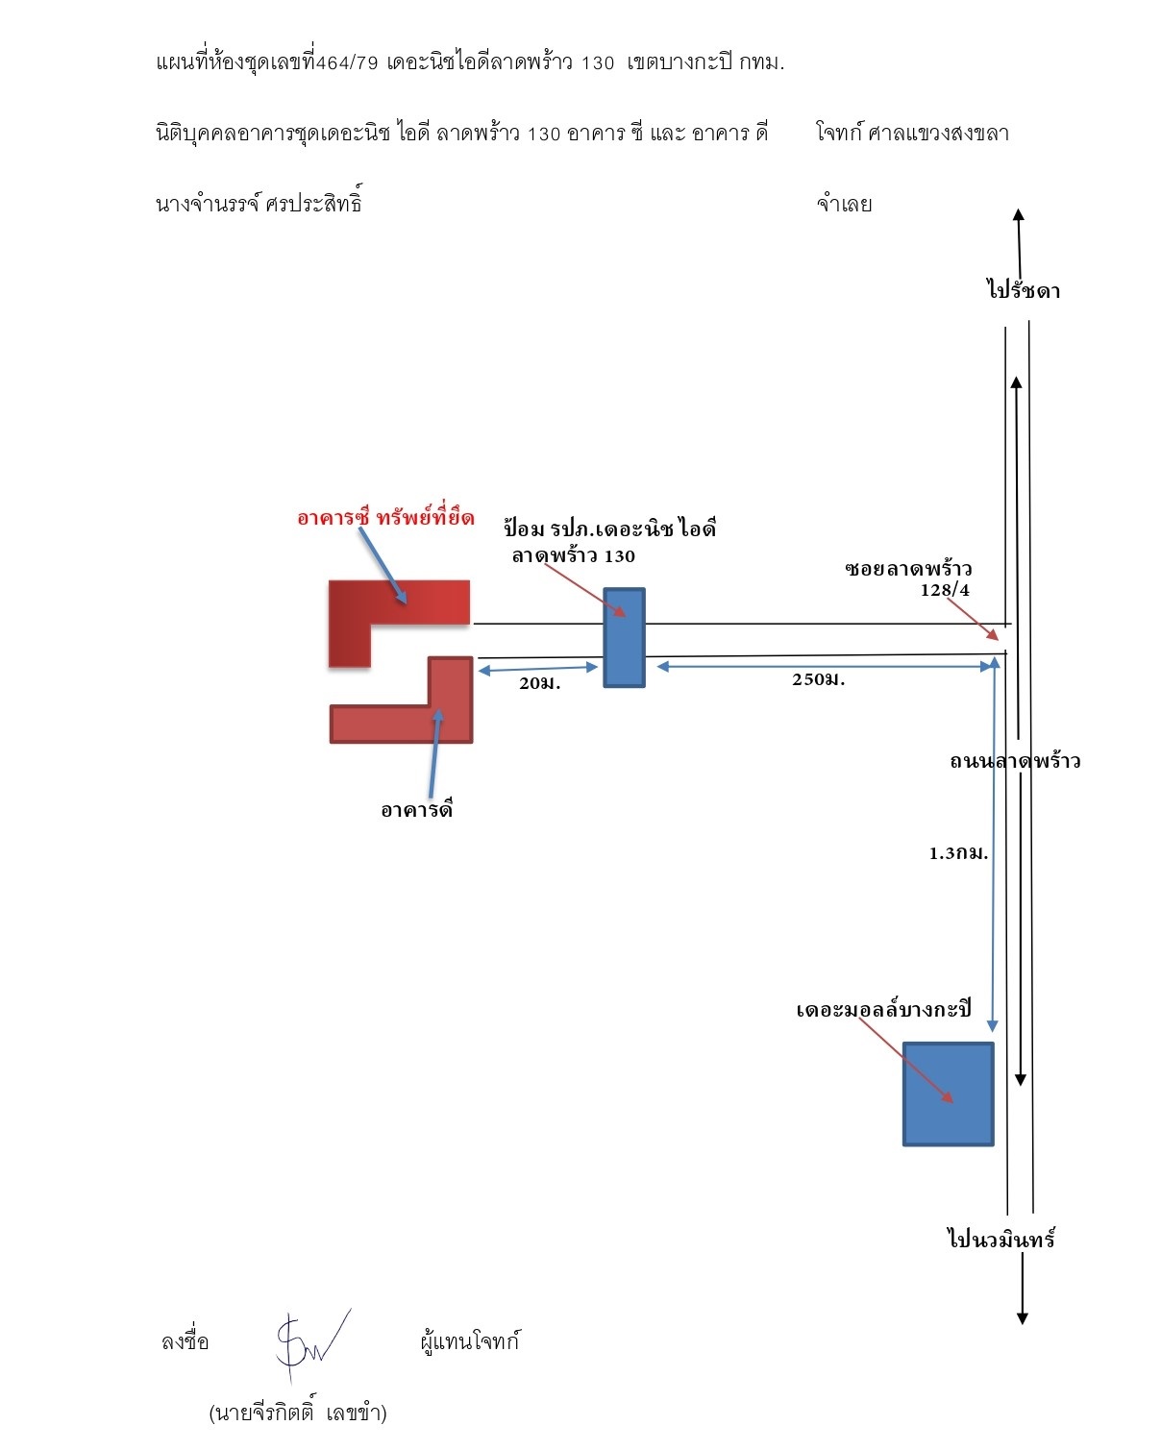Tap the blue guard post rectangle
point(624,637)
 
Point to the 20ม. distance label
point(540,683)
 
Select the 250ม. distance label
point(818,679)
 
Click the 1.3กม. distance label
point(958,853)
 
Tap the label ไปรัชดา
point(1024,290)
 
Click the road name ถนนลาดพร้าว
point(1015,761)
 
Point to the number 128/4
point(945,590)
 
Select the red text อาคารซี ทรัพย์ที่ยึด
point(385,517)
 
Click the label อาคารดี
point(416,808)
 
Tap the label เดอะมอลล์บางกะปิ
point(883,1009)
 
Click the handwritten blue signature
point(312,1346)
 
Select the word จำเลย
point(844,204)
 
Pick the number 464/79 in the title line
point(347,62)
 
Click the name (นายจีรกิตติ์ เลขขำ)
point(298,1413)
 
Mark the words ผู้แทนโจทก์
point(470,1340)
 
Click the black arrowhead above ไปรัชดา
point(1018,214)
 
